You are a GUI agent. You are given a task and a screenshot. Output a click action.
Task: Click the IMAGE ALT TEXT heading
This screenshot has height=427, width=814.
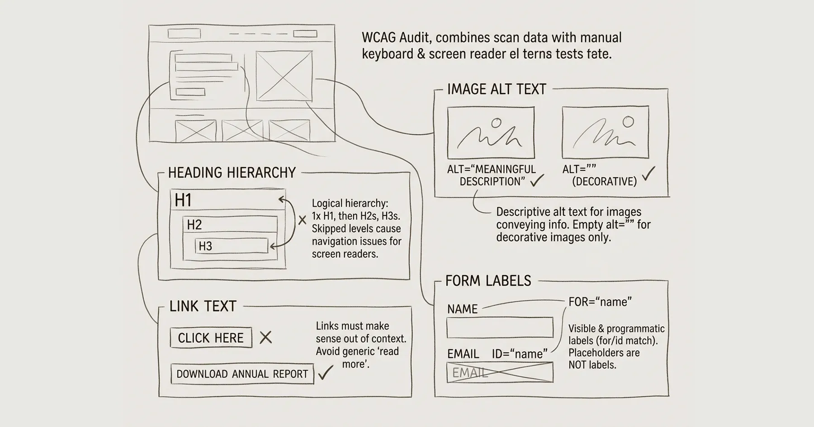pyautogui.click(x=497, y=89)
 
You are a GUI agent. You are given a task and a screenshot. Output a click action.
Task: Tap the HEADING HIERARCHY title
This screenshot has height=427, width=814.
pyautogui.click(x=232, y=173)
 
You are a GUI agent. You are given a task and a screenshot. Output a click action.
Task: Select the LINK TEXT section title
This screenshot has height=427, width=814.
pyautogui.click(x=203, y=306)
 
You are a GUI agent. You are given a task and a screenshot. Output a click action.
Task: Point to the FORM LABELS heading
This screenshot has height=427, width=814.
pyautogui.click(x=488, y=281)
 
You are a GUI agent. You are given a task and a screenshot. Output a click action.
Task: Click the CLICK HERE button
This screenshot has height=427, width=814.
pyautogui.click(x=211, y=338)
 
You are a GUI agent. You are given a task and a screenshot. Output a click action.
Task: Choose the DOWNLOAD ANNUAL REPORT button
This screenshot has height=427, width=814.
pyautogui.click(x=242, y=374)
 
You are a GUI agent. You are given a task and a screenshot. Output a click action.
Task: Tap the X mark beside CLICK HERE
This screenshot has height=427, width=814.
pyautogui.click(x=265, y=337)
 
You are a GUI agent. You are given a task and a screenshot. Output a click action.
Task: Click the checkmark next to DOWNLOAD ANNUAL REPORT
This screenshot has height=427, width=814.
pyautogui.click(x=325, y=372)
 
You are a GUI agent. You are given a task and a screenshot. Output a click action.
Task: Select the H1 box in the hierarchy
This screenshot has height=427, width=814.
pyautogui.click(x=227, y=200)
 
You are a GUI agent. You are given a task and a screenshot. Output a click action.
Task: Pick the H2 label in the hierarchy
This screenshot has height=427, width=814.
pyautogui.click(x=194, y=225)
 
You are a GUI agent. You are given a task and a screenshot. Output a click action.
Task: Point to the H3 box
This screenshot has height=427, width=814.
pyautogui.click(x=232, y=246)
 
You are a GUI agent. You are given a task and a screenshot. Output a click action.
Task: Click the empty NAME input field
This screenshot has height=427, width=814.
pyautogui.click(x=500, y=328)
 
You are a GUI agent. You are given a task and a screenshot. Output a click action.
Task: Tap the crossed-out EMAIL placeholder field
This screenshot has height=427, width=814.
pyautogui.click(x=500, y=372)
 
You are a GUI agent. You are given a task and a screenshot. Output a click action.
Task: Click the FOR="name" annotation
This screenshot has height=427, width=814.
pyautogui.click(x=600, y=302)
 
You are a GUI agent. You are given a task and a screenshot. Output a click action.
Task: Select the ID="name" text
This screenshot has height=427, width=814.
pyautogui.click(x=520, y=354)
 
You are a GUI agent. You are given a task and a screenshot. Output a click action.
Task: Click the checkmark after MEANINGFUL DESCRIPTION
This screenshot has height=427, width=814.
pyautogui.click(x=537, y=181)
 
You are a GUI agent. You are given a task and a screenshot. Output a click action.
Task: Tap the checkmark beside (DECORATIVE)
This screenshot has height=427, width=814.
pyautogui.click(x=648, y=174)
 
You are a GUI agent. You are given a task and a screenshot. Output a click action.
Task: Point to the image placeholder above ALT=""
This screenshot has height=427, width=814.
pyautogui.click(x=605, y=132)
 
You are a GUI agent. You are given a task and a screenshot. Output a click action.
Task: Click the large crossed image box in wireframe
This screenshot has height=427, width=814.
pyautogui.click(x=284, y=76)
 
